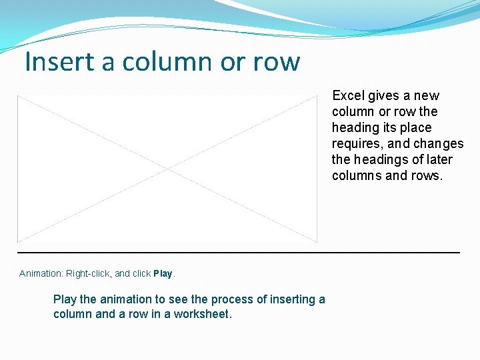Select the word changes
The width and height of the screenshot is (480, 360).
point(438,143)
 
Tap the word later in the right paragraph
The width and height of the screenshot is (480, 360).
point(437,159)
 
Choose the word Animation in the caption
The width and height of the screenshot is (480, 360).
point(41,273)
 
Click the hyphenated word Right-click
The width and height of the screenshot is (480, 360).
point(89,273)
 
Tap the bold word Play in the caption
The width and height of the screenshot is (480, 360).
point(163,273)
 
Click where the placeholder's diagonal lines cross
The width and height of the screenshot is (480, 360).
point(167,169)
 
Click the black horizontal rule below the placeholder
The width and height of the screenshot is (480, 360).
point(238,253)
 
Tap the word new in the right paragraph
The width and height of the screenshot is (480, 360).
point(426,95)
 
